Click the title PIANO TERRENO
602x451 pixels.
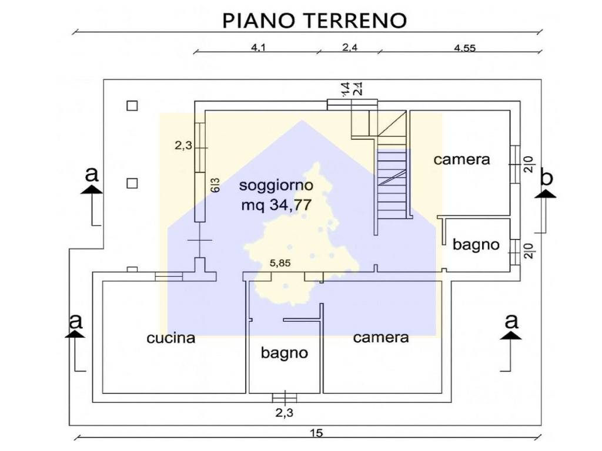(x=315, y=20)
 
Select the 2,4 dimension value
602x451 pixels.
(x=350, y=49)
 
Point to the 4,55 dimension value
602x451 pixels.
(x=464, y=49)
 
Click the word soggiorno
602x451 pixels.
(x=276, y=186)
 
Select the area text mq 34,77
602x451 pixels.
(x=276, y=205)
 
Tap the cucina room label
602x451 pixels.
(x=170, y=338)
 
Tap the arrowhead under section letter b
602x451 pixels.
(x=546, y=194)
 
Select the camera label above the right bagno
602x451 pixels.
(x=461, y=159)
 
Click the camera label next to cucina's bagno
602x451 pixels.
(x=380, y=338)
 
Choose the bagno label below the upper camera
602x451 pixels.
(x=476, y=245)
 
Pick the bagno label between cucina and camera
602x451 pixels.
(x=285, y=354)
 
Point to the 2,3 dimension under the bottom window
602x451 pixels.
(x=285, y=413)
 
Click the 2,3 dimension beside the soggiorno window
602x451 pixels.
(x=183, y=147)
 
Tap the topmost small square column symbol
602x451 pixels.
(x=132, y=106)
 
